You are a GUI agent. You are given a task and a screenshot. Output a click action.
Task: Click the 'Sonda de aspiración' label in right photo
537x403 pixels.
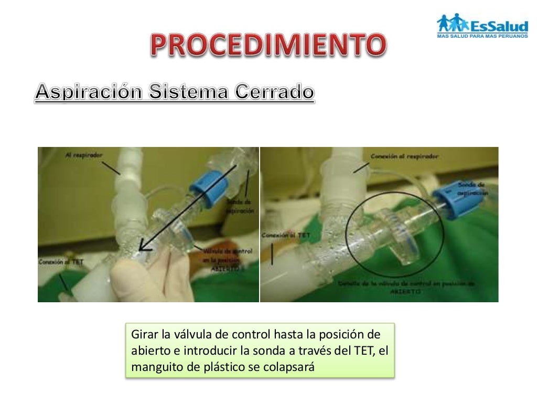tap(473, 189)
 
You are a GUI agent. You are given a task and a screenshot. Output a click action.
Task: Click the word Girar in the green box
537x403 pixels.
tap(143, 335)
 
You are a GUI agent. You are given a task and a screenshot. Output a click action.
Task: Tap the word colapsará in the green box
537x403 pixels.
tap(291, 367)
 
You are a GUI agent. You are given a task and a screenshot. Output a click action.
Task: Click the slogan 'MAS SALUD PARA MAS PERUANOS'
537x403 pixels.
tap(481, 36)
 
